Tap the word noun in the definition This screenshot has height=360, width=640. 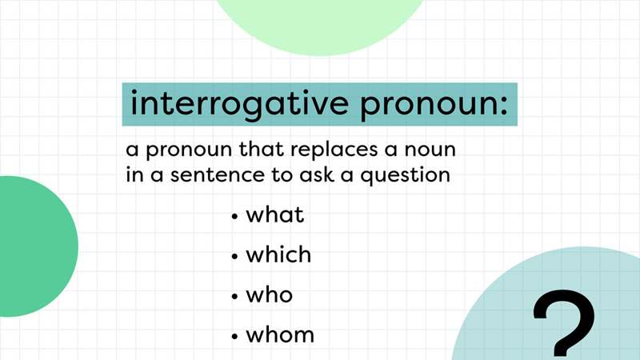point(438,150)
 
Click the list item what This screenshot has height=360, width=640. point(276,215)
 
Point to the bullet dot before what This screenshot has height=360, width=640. point(234,217)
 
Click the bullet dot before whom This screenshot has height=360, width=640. point(234,336)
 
